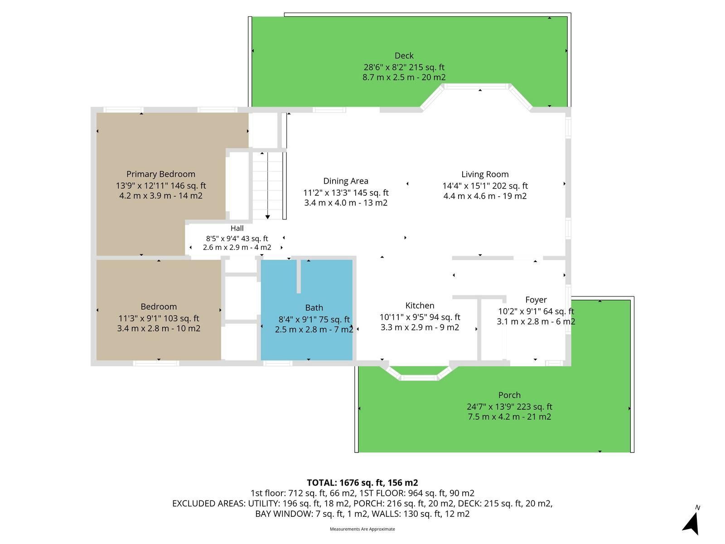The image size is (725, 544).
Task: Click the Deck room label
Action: click(x=404, y=55)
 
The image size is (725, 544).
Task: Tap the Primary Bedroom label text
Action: click(x=160, y=174)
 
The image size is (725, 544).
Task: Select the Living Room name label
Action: click(x=484, y=174)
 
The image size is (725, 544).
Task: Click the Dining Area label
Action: click(x=345, y=181)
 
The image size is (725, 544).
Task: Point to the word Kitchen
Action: click(x=420, y=305)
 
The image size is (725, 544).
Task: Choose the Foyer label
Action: click(x=536, y=300)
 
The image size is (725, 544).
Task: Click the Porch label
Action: click(x=509, y=395)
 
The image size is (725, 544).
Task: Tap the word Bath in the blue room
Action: click(x=314, y=308)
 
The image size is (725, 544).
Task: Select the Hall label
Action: click(x=237, y=228)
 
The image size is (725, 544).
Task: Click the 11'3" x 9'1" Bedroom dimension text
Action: click(x=159, y=318)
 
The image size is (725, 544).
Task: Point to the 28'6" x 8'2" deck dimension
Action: click(x=404, y=68)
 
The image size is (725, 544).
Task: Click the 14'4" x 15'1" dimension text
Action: click(x=485, y=186)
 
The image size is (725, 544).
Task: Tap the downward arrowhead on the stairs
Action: click(x=267, y=217)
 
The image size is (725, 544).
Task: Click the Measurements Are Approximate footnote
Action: click(x=362, y=529)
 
